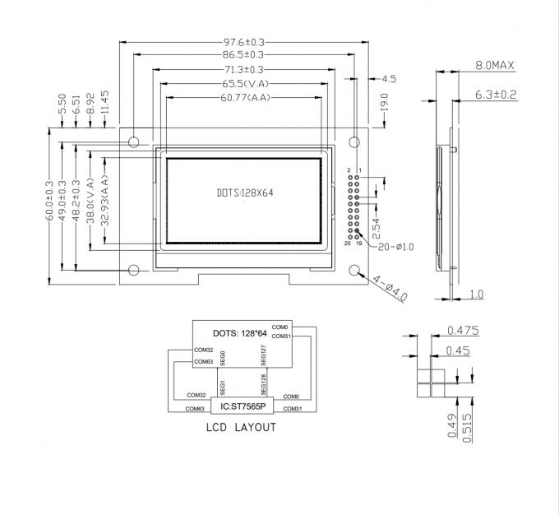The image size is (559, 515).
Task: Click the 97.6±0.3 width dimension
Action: coord(243,41)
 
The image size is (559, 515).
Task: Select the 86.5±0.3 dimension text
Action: coord(243,55)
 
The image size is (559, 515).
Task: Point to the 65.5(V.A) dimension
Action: coord(243,84)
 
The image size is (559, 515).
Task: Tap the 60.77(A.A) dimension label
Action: coord(243,99)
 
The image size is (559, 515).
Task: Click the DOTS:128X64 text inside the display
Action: coord(243,193)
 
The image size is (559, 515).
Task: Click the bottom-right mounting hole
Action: coord(355,271)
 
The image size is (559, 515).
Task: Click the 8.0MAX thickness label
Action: coord(495,65)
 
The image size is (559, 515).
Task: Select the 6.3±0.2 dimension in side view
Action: coord(496,95)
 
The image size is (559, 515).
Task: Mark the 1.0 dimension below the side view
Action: coord(476,295)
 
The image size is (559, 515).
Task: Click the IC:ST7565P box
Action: coord(243,406)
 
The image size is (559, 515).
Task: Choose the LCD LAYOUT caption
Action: coord(240,428)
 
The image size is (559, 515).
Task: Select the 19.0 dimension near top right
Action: coord(384,103)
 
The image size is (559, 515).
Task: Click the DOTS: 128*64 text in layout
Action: coord(240,333)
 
